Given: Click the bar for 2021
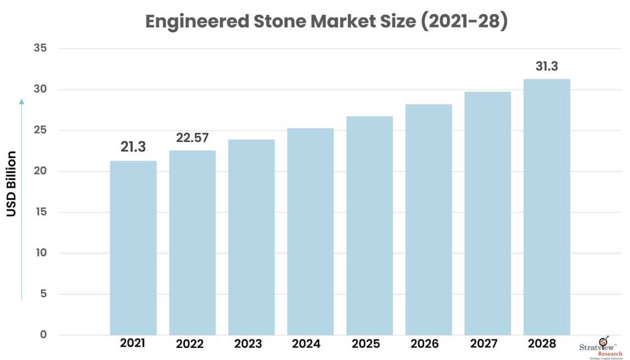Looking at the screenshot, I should coord(133,248).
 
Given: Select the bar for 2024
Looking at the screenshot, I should coord(311,231).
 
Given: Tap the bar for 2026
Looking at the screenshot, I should coord(429,220).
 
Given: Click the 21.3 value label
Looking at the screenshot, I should coord(133,147).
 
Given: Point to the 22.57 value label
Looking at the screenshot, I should coord(192,137).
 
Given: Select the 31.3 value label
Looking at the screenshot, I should coord(547,66).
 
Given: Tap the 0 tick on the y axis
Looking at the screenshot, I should coord(43,335).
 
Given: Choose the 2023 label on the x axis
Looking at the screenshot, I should coord(251,344).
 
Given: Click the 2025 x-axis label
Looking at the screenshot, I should coord(369,344).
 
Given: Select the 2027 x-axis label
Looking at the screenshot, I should coord(487,344).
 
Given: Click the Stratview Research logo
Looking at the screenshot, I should coord(601,347).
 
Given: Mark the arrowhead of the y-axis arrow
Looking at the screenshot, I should coord(21,101).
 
